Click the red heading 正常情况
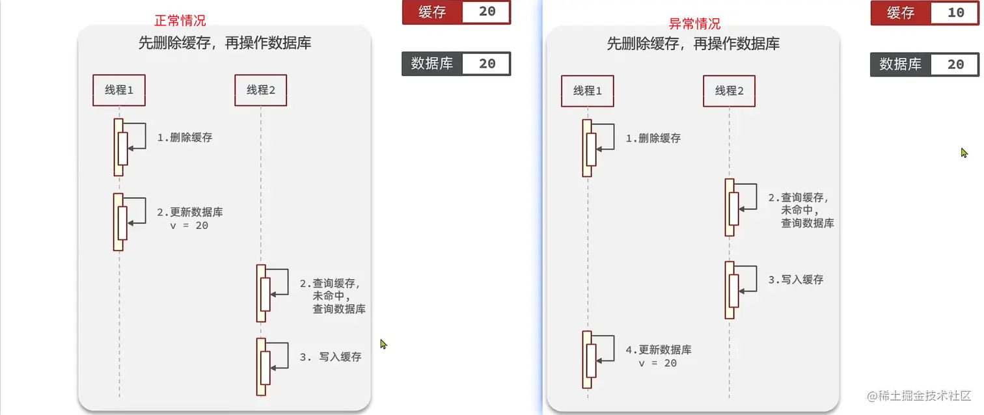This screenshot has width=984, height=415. pyautogui.click(x=180, y=21)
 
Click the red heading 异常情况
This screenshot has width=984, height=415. pyautogui.click(x=694, y=24)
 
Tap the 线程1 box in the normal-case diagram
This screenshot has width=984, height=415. pyautogui.click(x=119, y=90)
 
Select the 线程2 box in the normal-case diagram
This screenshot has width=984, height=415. pyautogui.click(x=261, y=90)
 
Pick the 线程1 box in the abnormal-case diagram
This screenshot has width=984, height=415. pyautogui.click(x=588, y=91)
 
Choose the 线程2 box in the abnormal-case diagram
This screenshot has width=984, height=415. pyautogui.click(x=729, y=91)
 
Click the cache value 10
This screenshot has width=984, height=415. pyautogui.click(x=955, y=13)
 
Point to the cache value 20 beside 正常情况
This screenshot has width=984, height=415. pyautogui.click(x=487, y=12)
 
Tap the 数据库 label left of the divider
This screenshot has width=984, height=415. pyautogui.click(x=432, y=64)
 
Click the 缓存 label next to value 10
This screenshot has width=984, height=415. pyautogui.click(x=901, y=13)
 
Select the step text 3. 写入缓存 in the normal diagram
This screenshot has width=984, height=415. pyautogui.click(x=331, y=357)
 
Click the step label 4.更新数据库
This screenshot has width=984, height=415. pyautogui.click(x=659, y=350)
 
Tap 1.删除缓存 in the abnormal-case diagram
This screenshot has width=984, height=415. pyautogui.click(x=653, y=139)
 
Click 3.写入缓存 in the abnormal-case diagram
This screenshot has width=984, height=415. pyautogui.click(x=795, y=280)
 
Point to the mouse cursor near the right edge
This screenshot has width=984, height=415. pyautogui.click(x=964, y=152)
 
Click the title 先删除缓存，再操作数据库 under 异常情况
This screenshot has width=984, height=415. pyautogui.click(x=693, y=44)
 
